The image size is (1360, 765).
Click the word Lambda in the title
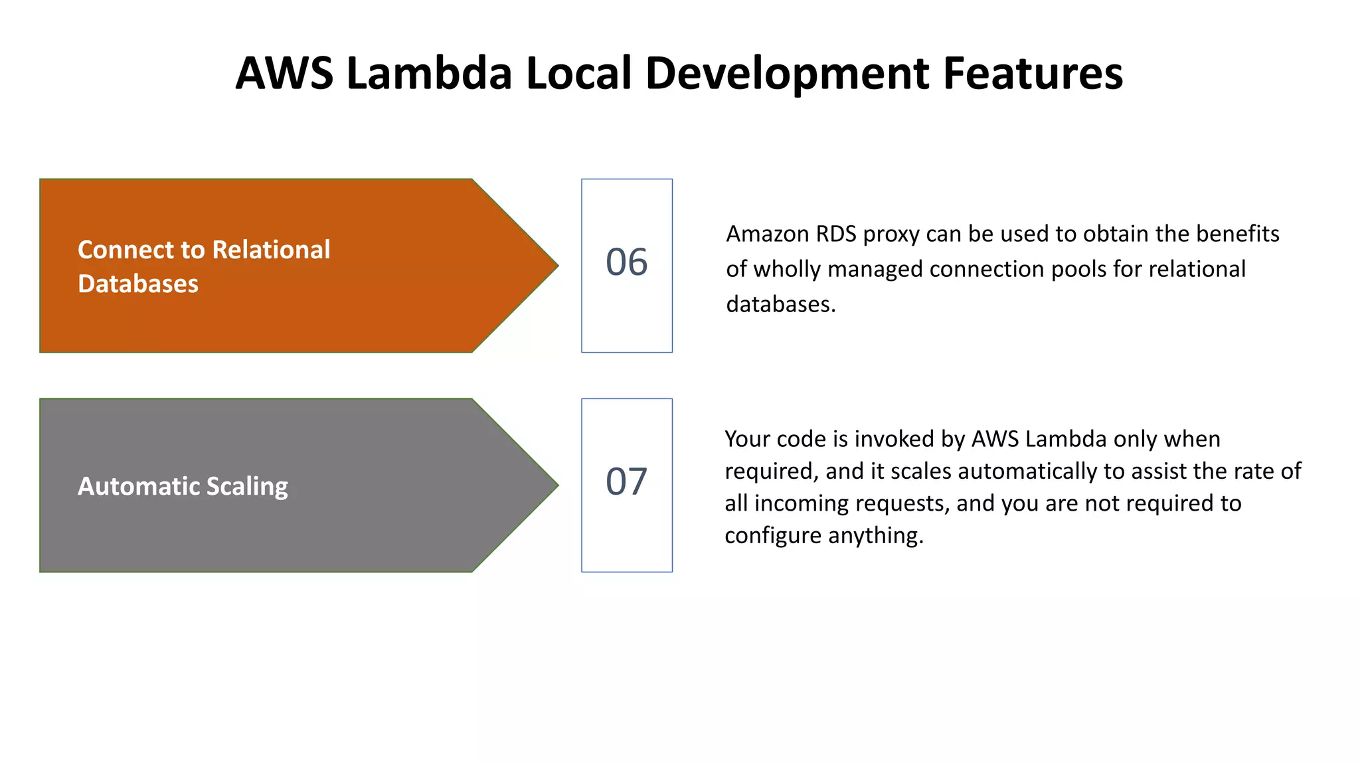point(428,73)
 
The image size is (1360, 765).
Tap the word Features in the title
point(1033,73)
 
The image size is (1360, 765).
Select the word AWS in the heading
point(284,73)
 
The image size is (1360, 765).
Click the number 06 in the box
point(626,262)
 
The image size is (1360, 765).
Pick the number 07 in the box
point(626,482)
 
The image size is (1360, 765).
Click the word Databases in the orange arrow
point(138,284)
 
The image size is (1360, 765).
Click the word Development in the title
point(788,73)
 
